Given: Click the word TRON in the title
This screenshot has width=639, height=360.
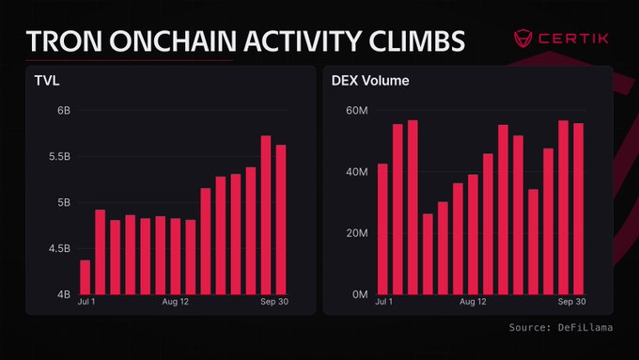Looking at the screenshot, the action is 64,40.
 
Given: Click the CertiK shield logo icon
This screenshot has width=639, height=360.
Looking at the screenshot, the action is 522,39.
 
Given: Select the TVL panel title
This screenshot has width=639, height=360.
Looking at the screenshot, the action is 47,80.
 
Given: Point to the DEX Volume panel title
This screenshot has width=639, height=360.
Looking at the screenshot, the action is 370,80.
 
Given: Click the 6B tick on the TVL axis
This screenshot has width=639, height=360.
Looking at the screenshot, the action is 64,111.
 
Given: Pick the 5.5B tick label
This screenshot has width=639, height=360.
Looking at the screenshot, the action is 59,157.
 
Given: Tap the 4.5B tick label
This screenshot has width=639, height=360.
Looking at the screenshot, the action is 59,248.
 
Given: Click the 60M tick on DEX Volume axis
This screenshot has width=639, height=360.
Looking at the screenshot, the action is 357,111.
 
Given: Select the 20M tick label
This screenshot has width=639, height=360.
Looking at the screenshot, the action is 357,233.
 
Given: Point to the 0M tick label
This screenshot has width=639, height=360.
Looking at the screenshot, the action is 360,294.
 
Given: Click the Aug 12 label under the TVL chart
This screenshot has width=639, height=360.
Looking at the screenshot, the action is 175,302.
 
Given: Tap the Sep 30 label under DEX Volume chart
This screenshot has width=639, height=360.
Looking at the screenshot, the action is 571,302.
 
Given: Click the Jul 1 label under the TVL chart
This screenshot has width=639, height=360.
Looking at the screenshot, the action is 86,302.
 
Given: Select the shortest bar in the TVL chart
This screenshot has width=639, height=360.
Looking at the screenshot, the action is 86,277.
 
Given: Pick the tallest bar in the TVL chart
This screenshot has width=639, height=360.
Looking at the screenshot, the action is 266,215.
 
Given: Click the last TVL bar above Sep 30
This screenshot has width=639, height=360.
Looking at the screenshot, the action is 281,220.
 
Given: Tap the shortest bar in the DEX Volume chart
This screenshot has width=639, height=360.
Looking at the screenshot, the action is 428,254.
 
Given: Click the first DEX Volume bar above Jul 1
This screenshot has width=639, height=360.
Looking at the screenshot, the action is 382,229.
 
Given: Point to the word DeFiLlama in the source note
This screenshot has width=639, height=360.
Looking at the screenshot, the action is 585,327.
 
